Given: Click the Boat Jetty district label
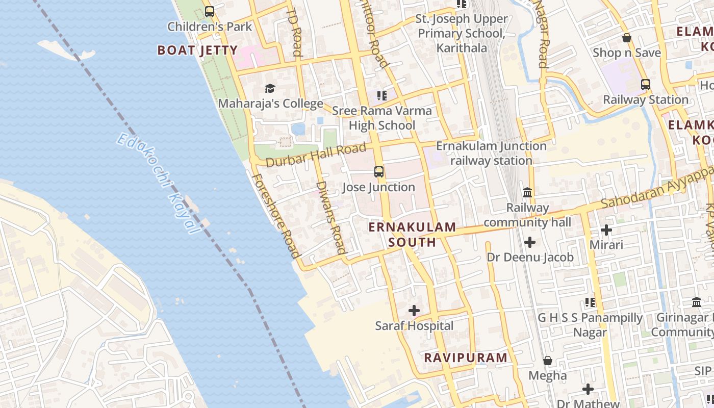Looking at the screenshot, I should (x=197, y=50).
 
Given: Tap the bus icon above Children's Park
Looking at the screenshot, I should (x=209, y=11).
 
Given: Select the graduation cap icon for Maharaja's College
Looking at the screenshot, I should (x=270, y=89).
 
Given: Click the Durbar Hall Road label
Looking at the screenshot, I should (x=316, y=155).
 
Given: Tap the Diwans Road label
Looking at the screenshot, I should (x=331, y=217).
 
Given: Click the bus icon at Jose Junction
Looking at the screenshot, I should (x=378, y=172).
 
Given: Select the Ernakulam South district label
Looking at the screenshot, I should (x=412, y=234).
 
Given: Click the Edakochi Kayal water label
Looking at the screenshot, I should (x=158, y=184).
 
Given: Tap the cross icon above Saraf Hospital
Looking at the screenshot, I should (x=414, y=310).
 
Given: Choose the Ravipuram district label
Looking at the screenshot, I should (x=466, y=358).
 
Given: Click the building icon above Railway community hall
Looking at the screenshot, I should (x=527, y=193).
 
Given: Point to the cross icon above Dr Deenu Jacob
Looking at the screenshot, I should (x=530, y=242).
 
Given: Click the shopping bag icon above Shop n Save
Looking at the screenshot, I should (x=626, y=38).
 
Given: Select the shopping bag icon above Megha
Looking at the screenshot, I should (x=547, y=361).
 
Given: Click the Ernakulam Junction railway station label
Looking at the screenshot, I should (x=491, y=153).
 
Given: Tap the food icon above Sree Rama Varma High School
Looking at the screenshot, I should (x=382, y=95).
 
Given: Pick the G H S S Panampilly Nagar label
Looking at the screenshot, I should (x=590, y=325).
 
